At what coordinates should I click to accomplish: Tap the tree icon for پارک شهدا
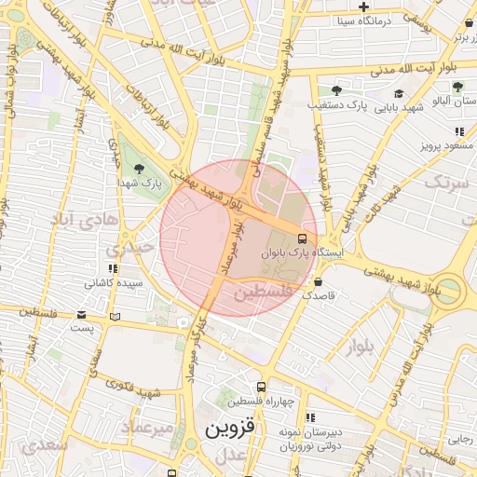point(139,169)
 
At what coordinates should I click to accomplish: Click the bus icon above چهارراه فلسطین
point(262,387)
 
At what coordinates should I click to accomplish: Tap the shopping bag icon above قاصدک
point(319,281)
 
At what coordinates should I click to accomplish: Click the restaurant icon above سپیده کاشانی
point(115,268)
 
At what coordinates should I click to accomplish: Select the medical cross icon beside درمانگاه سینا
point(376,7)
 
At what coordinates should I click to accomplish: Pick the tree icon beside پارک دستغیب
point(336,91)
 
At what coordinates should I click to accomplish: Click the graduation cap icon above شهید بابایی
point(400,93)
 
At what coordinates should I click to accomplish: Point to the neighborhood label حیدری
point(128,250)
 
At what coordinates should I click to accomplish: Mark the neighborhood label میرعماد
point(148,427)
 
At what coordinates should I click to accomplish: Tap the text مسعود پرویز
point(445,146)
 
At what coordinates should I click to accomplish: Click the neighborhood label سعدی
point(47,444)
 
